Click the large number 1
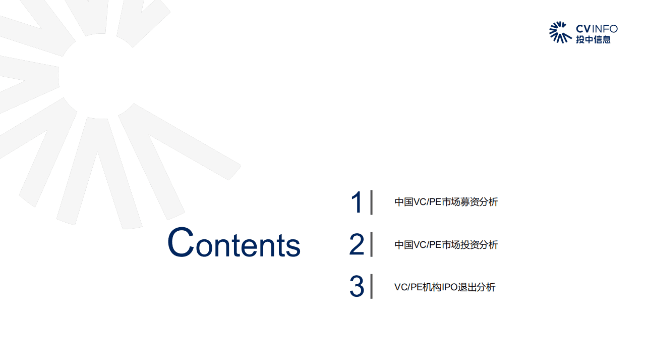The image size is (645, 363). click(357, 202)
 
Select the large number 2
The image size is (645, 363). click(357, 245)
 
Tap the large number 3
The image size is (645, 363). click(357, 287)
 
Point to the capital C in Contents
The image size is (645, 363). click(181, 242)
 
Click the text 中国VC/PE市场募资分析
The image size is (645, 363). click(446, 202)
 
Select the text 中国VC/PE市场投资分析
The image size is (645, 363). click(446, 245)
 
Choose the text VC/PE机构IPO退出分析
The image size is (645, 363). click(445, 287)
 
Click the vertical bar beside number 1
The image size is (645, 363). click(372, 202)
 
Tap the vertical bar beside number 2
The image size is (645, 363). click(372, 244)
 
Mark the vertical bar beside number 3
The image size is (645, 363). click(372, 286)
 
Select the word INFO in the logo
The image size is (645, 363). click(604, 28)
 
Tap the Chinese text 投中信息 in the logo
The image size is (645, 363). click(593, 39)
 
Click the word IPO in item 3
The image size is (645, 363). click(450, 287)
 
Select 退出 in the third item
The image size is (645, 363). click(468, 287)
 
